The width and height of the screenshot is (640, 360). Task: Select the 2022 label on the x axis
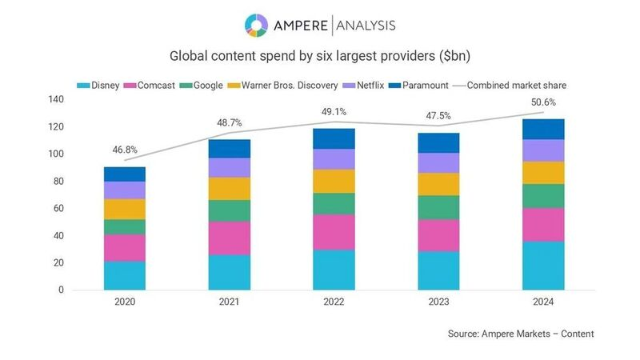pyautogui.click(x=334, y=302)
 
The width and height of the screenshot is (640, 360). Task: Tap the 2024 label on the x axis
pyautogui.click(x=542, y=302)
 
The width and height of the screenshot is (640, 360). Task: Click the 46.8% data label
pyautogui.click(x=125, y=149)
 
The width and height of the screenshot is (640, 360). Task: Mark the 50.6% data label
pyautogui.click(x=542, y=102)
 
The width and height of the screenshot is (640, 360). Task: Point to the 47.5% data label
pyautogui.click(x=438, y=114)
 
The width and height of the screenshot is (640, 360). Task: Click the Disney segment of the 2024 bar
pyautogui.click(x=542, y=266)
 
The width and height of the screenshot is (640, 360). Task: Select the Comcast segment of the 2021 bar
pyautogui.click(x=229, y=238)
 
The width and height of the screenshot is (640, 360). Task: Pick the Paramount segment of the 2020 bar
pyautogui.click(x=125, y=174)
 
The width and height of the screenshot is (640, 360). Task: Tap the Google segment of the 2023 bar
pyautogui.click(x=438, y=207)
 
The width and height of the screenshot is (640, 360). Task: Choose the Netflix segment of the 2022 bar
pyautogui.click(x=334, y=159)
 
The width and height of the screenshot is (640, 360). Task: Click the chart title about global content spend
pyautogui.click(x=320, y=57)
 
